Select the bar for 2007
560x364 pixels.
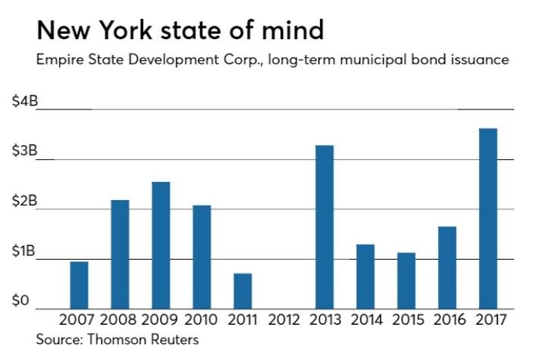click(x=79, y=285)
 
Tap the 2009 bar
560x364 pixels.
click(x=161, y=245)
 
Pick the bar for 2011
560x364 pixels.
click(x=243, y=291)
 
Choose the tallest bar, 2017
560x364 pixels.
click(x=488, y=218)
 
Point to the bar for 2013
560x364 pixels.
click(x=325, y=227)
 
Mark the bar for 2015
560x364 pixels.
click(x=406, y=280)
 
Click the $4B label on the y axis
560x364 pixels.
click(x=23, y=101)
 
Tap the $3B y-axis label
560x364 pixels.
click(x=23, y=151)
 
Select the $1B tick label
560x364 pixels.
click(x=23, y=251)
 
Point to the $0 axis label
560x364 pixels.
click(x=20, y=301)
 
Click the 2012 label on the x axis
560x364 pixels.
click(x=284, y=319)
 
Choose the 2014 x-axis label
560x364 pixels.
click(x=366, y=319)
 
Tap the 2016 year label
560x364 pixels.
click(x=447, y=319)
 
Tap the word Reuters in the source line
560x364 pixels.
click(x=173, y=340)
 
